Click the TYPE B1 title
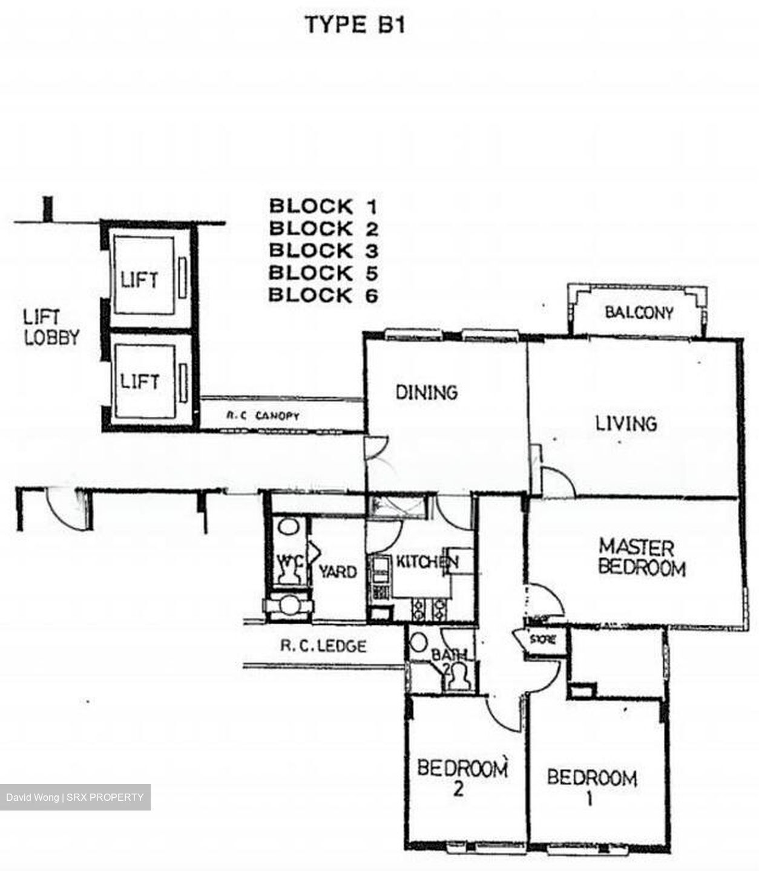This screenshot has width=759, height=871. [355, 25]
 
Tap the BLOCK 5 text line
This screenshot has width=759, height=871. [323, 273]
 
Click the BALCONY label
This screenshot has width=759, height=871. [639, 313]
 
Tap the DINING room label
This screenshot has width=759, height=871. [426, 392]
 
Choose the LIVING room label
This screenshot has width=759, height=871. [626, 423]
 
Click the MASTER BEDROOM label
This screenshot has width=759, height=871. [640, 558]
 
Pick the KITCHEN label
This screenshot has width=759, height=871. [425, 562]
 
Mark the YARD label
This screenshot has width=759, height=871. [337, 571]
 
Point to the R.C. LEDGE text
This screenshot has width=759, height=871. [323, 646]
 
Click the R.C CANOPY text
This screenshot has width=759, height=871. [262, 416]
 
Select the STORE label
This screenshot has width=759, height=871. [542, 639]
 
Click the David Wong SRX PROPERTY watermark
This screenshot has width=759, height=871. [74, 797]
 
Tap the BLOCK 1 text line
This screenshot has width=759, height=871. [323, 206]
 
